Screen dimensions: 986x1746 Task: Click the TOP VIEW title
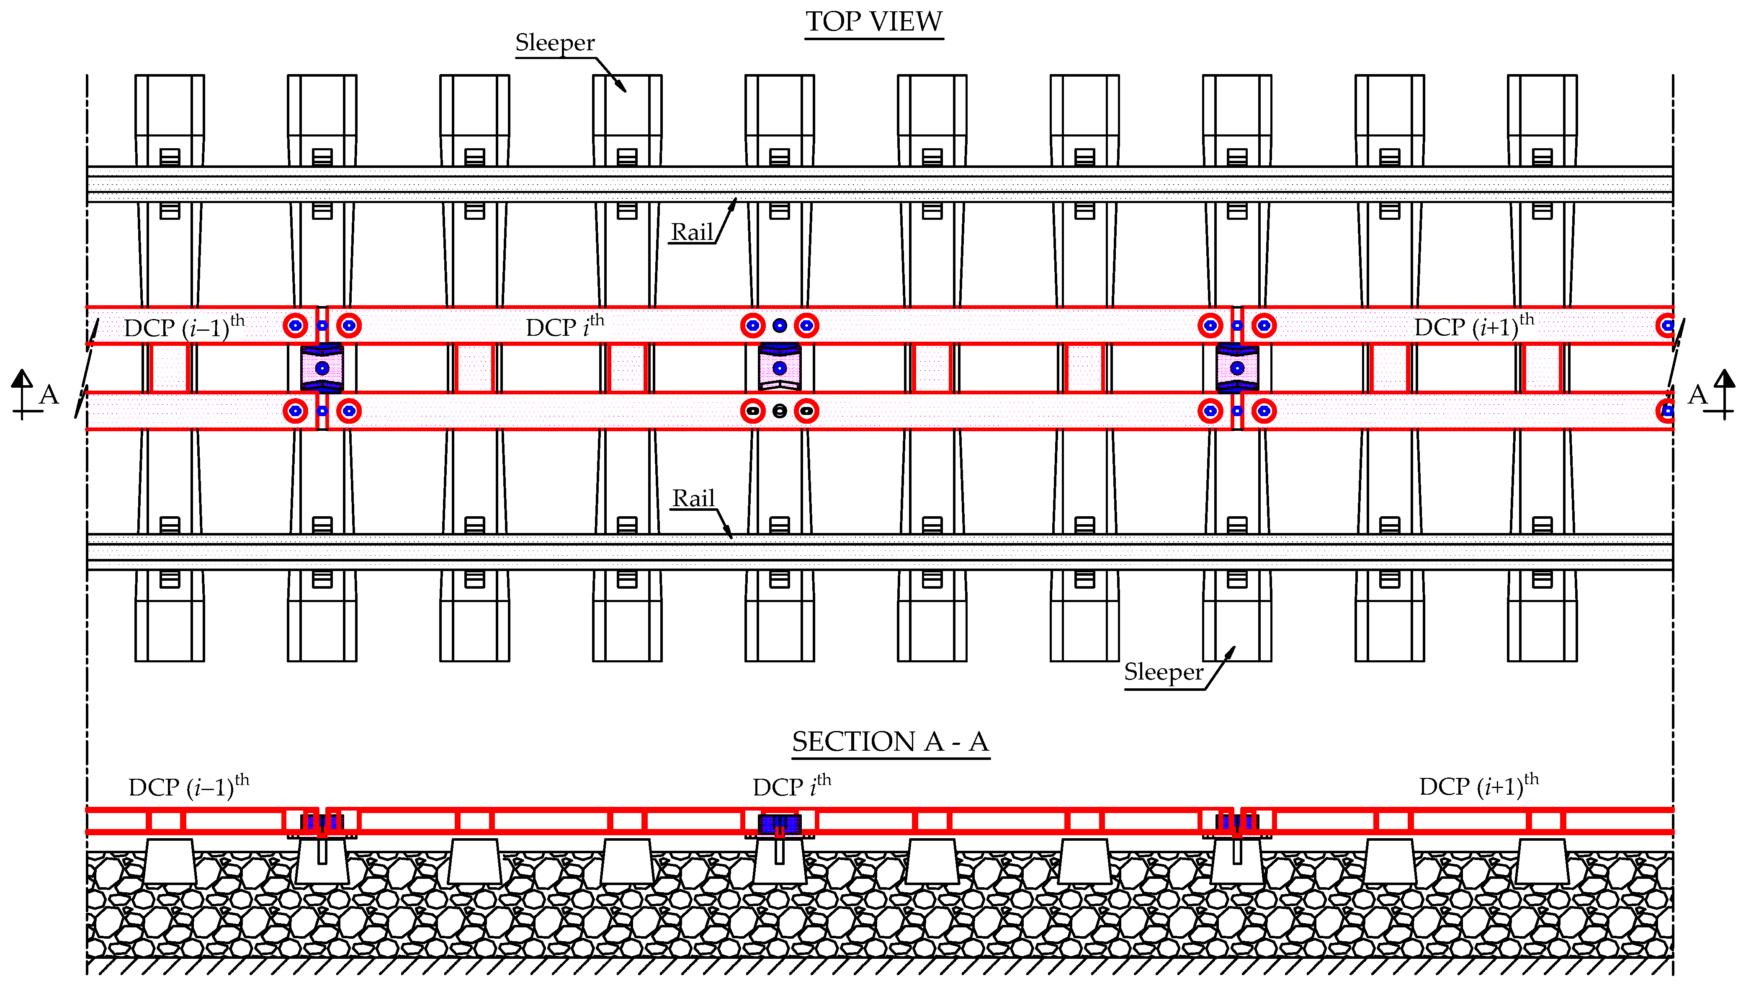coord(874,22)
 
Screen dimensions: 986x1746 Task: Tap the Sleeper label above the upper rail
coord(554,43)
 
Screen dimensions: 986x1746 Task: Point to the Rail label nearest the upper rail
coord(691,232)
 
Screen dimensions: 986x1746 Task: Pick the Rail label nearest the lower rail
coord(693,498)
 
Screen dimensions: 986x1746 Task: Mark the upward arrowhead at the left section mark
coord(22,378)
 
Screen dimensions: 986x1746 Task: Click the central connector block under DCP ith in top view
coord(780,368)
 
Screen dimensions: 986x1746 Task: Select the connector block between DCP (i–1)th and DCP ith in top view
coord(322,368)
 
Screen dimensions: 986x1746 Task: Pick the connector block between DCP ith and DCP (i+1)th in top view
coord(1237,368)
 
